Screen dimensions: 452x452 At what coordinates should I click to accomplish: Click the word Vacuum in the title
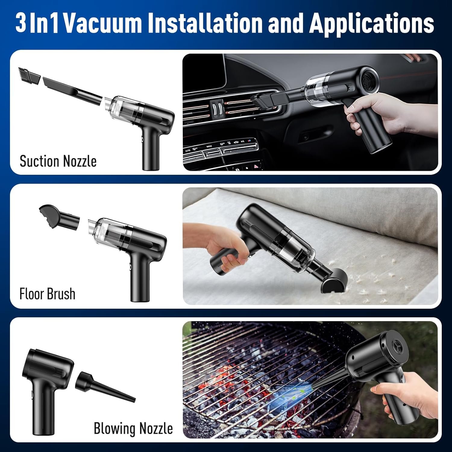pyautogui.click(x=103, y=23)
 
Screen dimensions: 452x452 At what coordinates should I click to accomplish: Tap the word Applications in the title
pyautogui.click(x=371, y=23)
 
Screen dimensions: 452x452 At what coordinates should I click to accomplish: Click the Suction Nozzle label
pyautogui.click(x=58, y=161)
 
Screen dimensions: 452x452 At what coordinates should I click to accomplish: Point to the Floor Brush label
pyautogui.click(x=47, y=294)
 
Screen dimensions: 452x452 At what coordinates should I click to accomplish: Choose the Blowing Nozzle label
pyautogui.click(x=133, y=428)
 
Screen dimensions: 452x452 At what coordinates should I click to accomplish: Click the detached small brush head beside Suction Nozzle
pyautogui.click(x=30, y=76)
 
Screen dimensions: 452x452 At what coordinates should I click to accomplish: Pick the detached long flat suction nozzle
pyautogui.click(x=72, y=90)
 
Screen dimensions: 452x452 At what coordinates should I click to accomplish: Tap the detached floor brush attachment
pyautogui.click(x=59, y=217)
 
